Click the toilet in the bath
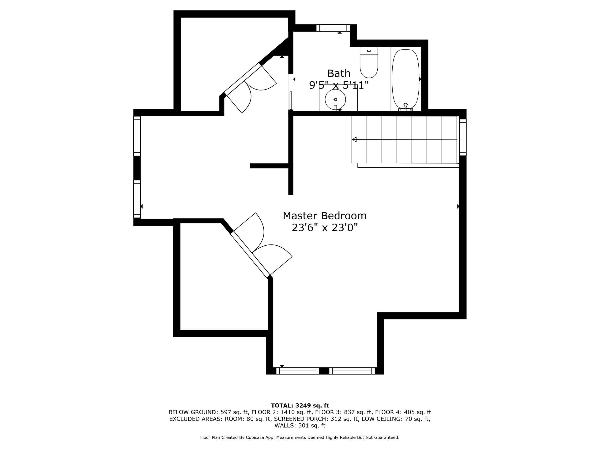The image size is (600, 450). pos(369,62)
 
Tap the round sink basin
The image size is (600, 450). pos(335,99)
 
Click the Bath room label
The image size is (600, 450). pos(339,73)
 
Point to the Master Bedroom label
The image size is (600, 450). pos(325,216)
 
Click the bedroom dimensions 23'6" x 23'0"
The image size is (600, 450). pos(325,228)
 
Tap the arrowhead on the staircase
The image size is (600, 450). pos(354,139)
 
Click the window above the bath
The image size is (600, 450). pos(333,28)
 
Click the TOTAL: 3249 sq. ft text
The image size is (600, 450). pos(300,405)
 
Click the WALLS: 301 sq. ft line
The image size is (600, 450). pos(300,426)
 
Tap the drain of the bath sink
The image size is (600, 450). pos(335,99)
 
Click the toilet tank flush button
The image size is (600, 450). pos(369,51)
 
